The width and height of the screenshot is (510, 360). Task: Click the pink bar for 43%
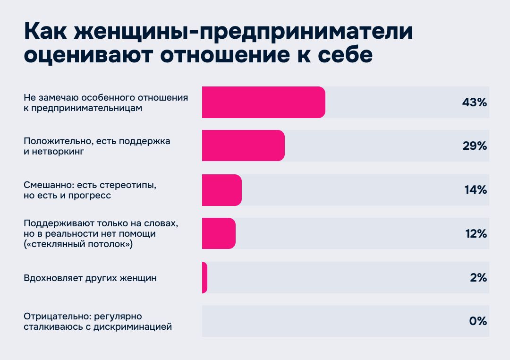click(263, 102)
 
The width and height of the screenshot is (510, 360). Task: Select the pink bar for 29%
click(243, 146)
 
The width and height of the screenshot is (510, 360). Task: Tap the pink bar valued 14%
click(222, 189)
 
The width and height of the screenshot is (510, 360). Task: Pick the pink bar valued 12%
click(219, 233)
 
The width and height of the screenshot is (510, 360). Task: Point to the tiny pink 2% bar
click(204, 277)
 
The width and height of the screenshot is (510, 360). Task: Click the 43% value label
click(474, 103)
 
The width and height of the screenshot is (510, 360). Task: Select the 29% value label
click(474, 146)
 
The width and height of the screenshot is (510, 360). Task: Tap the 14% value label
click(475, 190)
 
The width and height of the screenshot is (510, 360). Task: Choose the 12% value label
click(475, 233)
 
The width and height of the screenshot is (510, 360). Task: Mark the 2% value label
click(478, 277)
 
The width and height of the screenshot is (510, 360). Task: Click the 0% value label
click(478, 321)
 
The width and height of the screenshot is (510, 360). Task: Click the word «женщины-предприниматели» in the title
click(246, 32)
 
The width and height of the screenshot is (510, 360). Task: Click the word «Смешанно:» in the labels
click(47, 185)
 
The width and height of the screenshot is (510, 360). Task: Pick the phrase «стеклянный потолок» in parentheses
click(78, 244)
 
